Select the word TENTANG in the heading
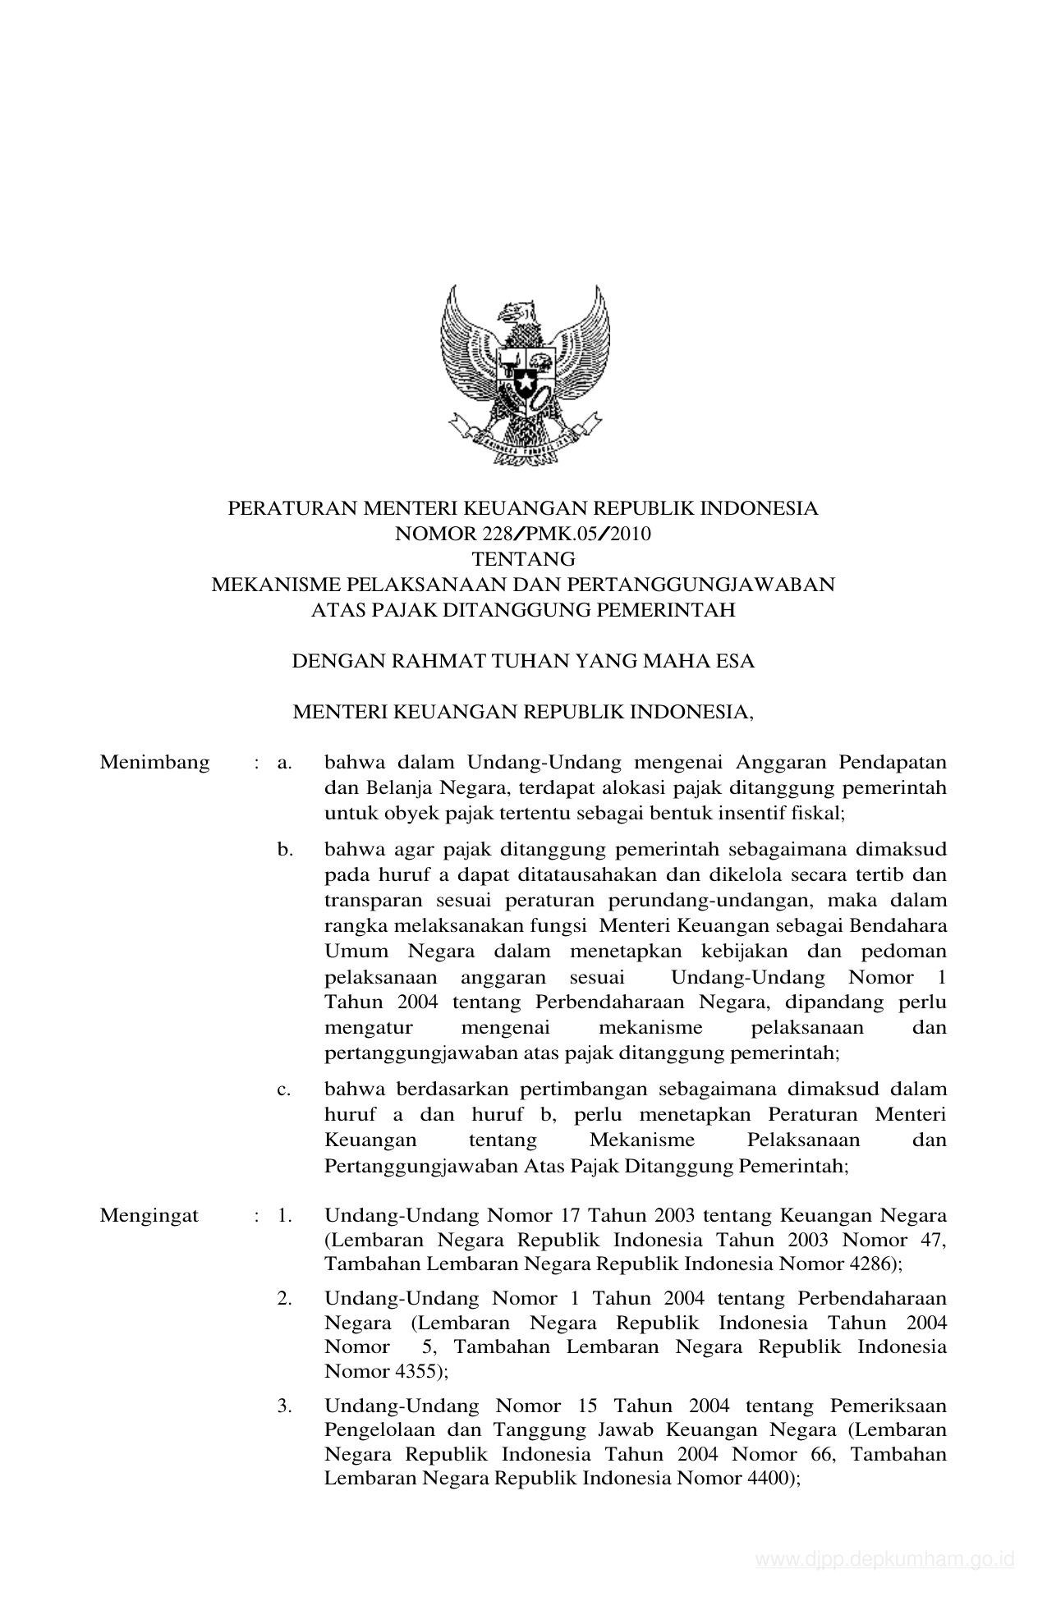523,560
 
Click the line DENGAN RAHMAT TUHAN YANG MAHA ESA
523,662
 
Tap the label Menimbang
154,763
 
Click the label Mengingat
149,1216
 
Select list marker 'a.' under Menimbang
285,763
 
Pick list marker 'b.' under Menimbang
285,850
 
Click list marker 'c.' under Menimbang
285,1090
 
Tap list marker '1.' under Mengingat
285,1216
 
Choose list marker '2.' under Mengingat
285,1299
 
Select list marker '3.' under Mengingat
285,1406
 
